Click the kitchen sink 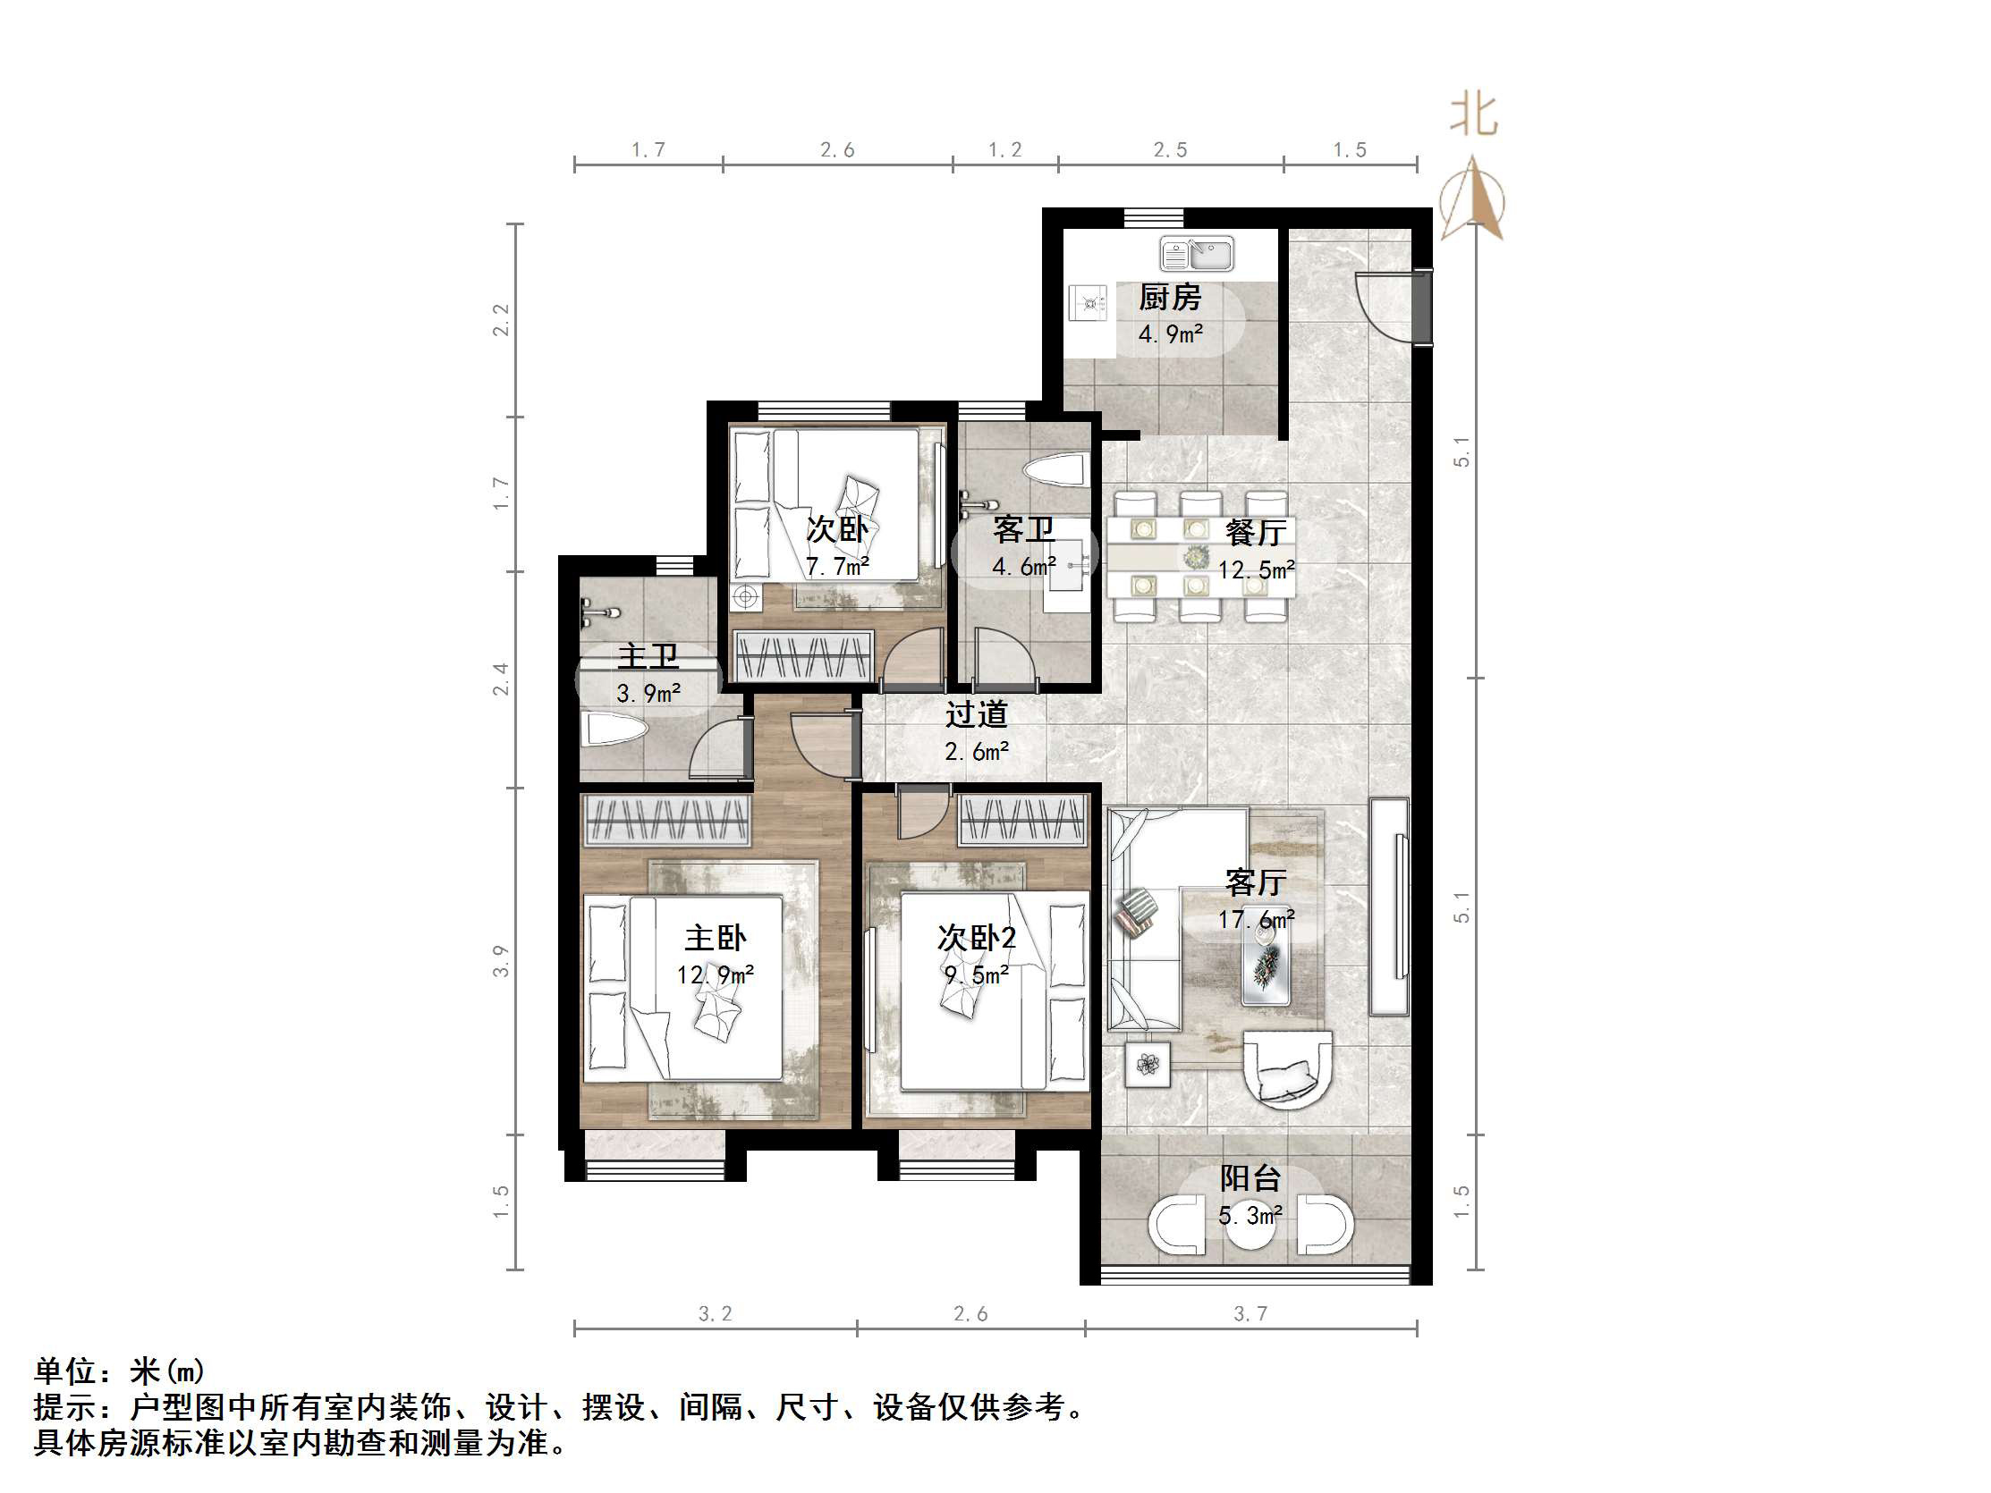tap(1196, 254)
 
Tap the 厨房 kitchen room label tap(1169, 297)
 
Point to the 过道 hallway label tap(976, 715)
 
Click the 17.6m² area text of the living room tap(1256, 920)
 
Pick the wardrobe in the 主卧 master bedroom tap(668, 821)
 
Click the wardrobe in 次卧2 tap(1021, 820)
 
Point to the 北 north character tap(1473, 116)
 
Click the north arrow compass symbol tap(1471, 199)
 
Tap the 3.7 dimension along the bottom tap(1250, 1314)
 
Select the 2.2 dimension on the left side tap(502, 320)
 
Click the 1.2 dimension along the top tap(1004, 150)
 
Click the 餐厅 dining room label tap(1256, 533)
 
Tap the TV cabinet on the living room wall tap(1389, 907)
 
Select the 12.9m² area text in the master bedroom tap(716, 974)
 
